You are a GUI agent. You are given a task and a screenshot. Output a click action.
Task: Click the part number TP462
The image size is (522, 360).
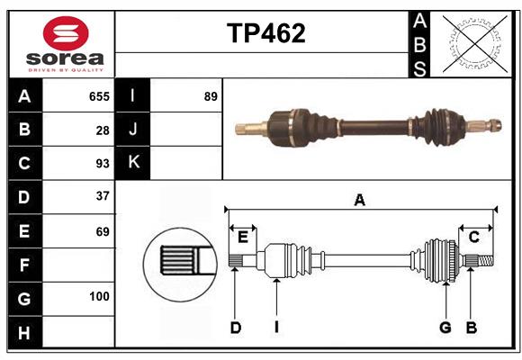point(265,33)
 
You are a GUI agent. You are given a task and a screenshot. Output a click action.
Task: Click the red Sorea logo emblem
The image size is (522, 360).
point(66,35)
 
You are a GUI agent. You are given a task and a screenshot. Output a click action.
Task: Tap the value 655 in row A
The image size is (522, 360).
point(99,96)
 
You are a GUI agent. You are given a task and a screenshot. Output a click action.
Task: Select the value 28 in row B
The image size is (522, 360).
point(103,130)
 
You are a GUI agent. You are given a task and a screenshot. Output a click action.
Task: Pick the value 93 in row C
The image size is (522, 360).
point(101,164)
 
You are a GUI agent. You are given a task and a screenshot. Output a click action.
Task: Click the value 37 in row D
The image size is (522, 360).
point(102,196)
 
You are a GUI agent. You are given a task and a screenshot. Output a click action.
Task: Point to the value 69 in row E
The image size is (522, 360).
point(102,230)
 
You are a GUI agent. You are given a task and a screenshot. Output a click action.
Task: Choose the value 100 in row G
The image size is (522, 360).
point(99,297)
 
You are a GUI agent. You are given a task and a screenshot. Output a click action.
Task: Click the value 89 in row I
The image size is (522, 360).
point(211,96)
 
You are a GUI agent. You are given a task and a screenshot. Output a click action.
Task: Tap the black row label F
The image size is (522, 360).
point(24,265)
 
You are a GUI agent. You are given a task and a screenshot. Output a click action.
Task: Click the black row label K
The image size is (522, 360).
point(133,163)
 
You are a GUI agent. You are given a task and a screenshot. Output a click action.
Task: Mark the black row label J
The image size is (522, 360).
point(133,130)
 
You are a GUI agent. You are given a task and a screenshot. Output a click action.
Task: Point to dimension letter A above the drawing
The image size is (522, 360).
point(360,201)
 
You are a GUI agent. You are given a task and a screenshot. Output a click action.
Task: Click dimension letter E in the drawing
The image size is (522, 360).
point(243,238)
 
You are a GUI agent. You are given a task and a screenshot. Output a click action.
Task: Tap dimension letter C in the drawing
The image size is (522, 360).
point(473,238)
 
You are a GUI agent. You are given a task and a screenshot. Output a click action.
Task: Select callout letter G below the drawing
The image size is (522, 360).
point(445,328)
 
